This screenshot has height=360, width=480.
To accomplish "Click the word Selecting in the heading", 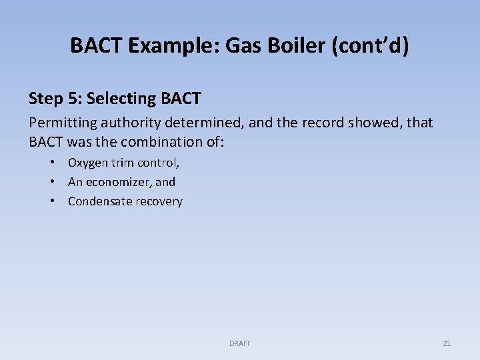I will pyautogui.click(x=122, y=99).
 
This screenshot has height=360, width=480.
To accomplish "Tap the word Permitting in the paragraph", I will pyautogui.click(x=61, y=123).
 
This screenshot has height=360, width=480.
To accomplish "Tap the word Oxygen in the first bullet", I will pyautogui.click(x=87, y=163).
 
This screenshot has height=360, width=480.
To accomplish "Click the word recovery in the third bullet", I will pyautogui.click(x=159, y=201).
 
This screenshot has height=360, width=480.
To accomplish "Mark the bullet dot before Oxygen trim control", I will pyautogui.click(x=51, y=163).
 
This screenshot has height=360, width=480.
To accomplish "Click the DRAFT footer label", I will pyautogui.click(x=239, y=343).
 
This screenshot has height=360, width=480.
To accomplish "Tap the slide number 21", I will pyautogui.click(x=447, y=343).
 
